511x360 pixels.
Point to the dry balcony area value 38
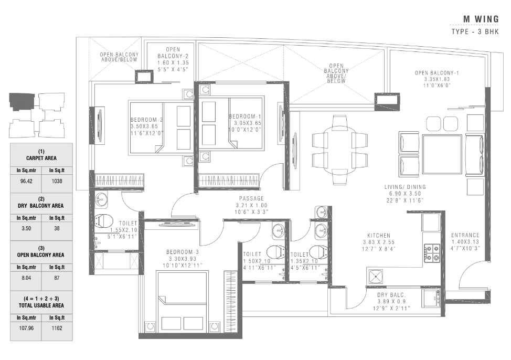57,229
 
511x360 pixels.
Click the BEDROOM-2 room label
147,120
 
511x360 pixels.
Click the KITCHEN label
379,236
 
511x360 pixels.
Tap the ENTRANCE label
465,235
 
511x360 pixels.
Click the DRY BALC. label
390,295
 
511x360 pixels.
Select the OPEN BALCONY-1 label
437,73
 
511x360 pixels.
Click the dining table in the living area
340,149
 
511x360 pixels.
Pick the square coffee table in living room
442,154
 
